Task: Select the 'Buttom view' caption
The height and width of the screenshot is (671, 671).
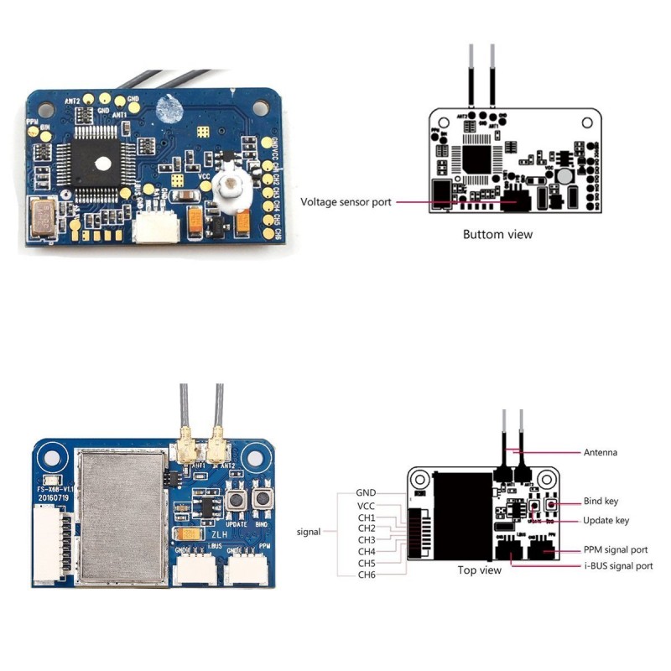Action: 497,234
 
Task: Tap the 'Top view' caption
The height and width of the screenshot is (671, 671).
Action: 479,570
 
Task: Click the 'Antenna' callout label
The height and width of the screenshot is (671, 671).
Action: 601,453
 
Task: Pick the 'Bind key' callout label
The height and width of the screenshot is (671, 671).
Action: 601,502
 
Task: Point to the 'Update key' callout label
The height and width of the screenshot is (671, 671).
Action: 606,520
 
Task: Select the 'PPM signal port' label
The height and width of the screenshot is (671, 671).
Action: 616,550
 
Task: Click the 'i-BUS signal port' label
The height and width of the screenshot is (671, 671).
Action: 618,566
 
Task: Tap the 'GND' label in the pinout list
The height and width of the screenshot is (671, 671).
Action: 366,492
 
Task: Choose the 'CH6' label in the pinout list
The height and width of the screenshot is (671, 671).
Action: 367,575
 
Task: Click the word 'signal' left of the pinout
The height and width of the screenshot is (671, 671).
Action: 309,532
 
